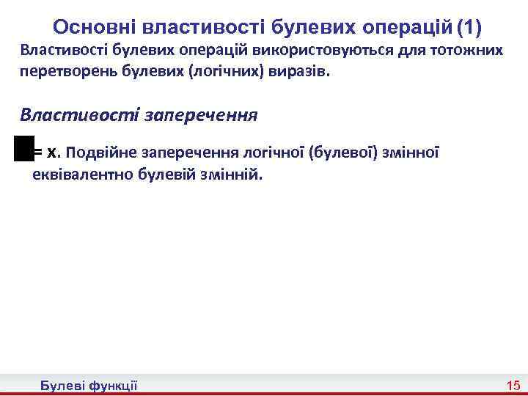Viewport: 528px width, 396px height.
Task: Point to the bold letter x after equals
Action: click(51, 153)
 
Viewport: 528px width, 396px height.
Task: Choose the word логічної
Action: click(271, 153)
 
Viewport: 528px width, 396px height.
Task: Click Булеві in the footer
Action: click(64, 385)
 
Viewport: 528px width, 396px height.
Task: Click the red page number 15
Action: click(512, 385)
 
